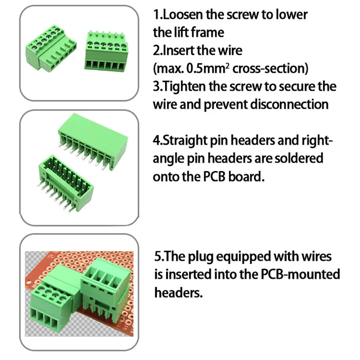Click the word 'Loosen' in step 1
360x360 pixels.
click(x=182, y=14)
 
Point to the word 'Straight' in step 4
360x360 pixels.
click(x=186, y=140)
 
